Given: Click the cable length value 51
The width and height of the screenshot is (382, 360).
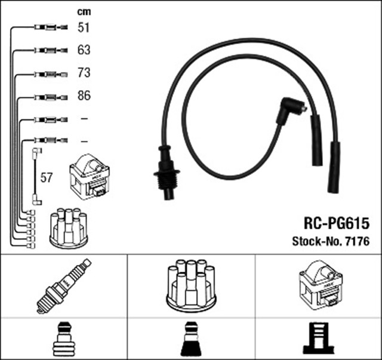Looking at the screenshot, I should pyautogui.click(x=84, y=27).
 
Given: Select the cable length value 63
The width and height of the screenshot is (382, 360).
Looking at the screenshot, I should pyautogui.click(x=84, y=50).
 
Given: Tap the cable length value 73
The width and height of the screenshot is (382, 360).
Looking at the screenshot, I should pyautogui.click(x=84, y=73).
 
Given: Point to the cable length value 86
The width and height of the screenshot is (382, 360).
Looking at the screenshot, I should pyautogui.click(x=84, y=96).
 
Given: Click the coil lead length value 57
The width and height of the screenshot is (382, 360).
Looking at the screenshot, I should pyautogui.click(x=46, y=177).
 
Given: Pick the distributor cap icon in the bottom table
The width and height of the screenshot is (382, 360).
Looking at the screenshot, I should pyautogui.click(x=191, y=284).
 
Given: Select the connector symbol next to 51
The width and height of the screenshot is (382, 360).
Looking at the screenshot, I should pyautogui.click(x=47, y=27).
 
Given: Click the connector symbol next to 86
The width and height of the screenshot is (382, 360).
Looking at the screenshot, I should pyautogui.click(x=47, y=96).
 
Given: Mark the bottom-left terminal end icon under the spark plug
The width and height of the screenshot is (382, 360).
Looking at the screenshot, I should pyautogui.click(x=63, y=339).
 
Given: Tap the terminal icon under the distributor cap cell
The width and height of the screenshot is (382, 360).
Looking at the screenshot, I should pyautogui.click(x=191, y=339).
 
